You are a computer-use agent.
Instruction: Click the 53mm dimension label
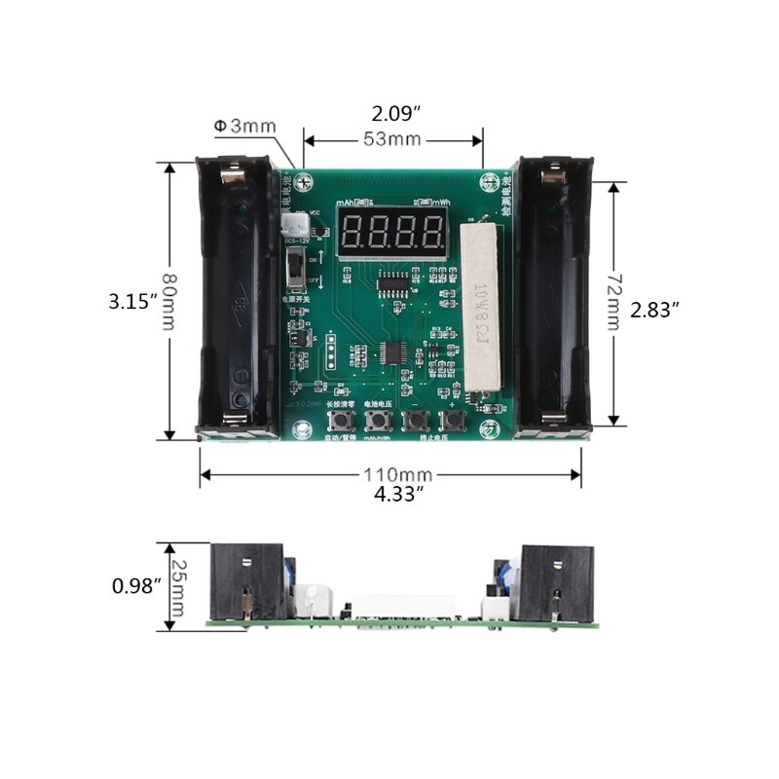[x=392, y=139]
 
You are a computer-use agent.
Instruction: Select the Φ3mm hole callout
[x=244, y=126]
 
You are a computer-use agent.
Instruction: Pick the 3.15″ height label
[x=133, y=302]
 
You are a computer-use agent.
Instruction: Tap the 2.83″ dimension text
[x=654, y=309]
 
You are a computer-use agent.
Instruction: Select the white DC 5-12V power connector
[x=289, y=224]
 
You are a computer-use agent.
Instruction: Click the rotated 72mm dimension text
[x=612, y=302]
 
